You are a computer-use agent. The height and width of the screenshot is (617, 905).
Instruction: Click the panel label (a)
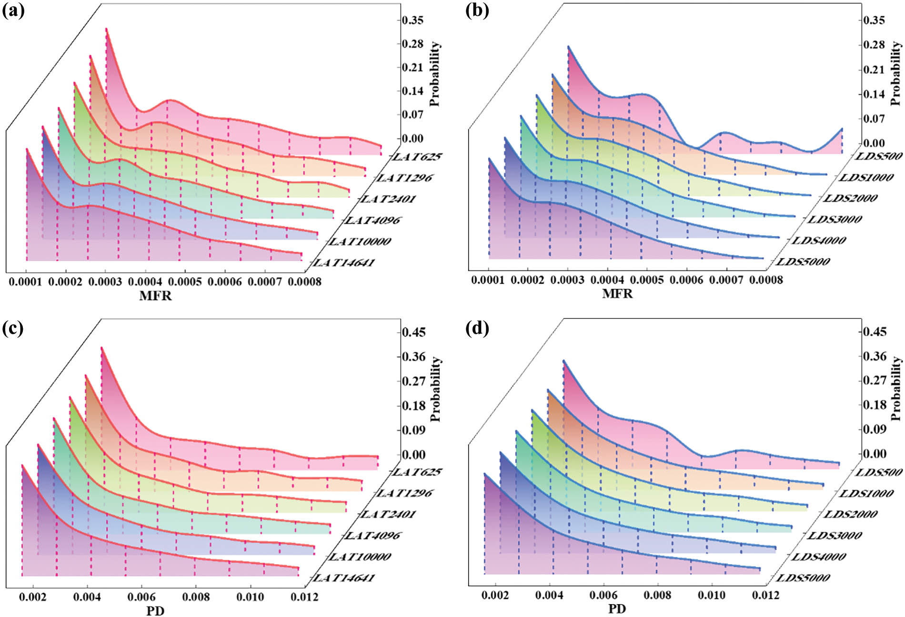pyautogui.click(x=13, y=10)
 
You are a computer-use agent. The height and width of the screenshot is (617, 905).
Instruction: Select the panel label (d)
pyautogui.click(x=477, y=328)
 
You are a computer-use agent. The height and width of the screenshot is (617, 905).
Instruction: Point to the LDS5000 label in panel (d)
pyautogui.click(x=803, y=578)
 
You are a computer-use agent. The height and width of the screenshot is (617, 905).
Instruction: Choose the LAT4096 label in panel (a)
pyautogui.click(x=373, y=220)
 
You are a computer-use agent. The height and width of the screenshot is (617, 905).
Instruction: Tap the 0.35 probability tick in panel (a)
pyautogui.click(x=412, y=20)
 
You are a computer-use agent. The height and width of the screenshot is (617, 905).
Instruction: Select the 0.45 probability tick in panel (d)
pyautogui.click(x=875, y=332)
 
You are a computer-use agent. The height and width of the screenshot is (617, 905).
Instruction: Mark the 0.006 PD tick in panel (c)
pyautogui.click(x=141, y=597)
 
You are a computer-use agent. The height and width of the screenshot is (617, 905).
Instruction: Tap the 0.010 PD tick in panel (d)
pyautogui.click(x=712, y=595)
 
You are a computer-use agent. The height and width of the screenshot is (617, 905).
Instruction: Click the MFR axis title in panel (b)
pyautogui.click(x=617, y=294)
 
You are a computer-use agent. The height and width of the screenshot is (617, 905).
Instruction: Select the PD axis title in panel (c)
pyautogui.click(x=155, y=611)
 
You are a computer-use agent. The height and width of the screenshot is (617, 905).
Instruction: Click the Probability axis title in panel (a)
pyautogui.click(x=435, y=74)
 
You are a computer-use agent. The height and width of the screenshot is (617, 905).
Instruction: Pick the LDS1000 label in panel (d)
pyautogui.click(x=866, y=494)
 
